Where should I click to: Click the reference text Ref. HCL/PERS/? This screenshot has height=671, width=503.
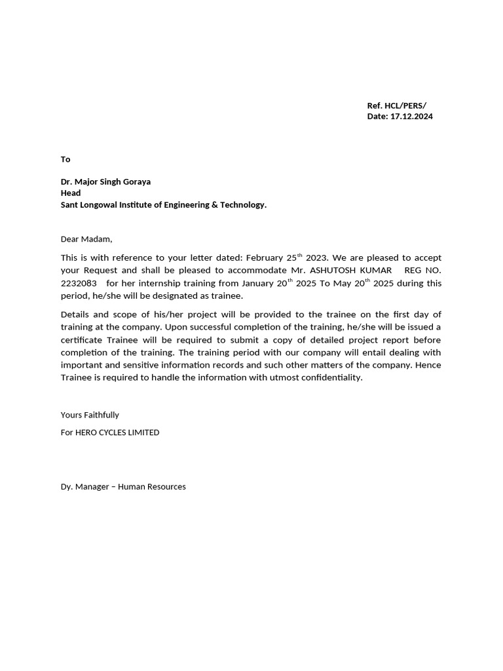tap(396, 105)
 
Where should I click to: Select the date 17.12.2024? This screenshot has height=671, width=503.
tap(411, 117)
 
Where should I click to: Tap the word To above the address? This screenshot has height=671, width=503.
tap(65, 159)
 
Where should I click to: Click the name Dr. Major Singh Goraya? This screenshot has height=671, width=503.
tap(105, 182)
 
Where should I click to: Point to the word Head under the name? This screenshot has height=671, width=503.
tap(71, 193)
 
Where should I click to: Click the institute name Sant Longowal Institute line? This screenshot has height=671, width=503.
tap(164, 204)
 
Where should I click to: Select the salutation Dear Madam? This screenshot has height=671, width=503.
tap(86, 239)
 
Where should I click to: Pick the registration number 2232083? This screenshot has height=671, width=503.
tap(79, 283)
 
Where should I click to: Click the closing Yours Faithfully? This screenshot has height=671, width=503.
tap(90, 415)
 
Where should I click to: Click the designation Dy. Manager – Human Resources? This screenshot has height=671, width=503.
tap(123, 486)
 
